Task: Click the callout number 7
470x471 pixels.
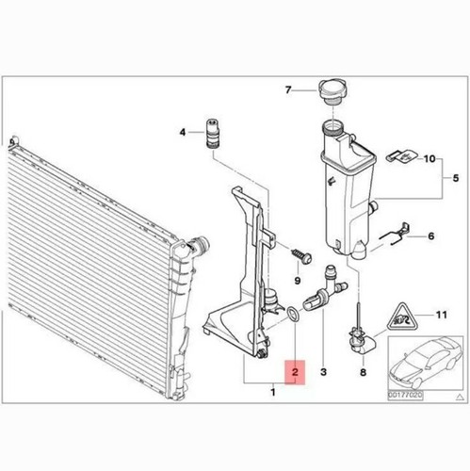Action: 290,91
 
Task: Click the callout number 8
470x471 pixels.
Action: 362,373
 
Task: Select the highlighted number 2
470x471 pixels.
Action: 295,373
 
